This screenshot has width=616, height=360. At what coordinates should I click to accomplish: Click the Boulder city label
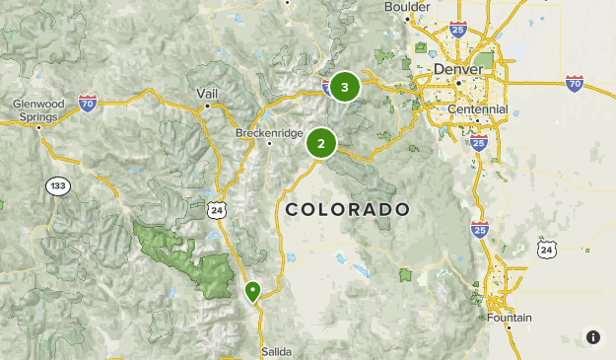(x=407, y=7)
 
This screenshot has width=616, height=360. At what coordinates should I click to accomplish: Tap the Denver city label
(x=458, y=69)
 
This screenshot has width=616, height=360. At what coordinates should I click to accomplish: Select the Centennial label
(x=477, y=108)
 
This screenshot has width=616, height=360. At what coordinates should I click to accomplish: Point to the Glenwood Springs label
(x=38, y=109)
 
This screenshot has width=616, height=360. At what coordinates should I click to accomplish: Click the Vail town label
(x=207, y=93)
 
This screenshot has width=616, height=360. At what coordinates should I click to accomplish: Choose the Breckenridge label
(x=269, y=132)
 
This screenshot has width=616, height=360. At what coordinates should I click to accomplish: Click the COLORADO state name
(x=347, y=209)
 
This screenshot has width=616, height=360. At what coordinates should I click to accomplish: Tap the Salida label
(x=276, y=351)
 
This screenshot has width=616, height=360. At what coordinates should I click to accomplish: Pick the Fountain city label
(x=509, y=318)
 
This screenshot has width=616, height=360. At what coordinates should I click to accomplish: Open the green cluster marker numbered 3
(x=344, y=87)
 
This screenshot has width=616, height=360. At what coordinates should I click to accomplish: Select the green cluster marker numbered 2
(x=320, y=143)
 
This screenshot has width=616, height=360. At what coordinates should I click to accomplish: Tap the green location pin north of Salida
(x=252, y=291)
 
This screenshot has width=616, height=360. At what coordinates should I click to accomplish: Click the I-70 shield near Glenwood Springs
(x=88, y=103)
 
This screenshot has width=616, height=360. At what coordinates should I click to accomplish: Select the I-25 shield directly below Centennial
(x=478, y=143)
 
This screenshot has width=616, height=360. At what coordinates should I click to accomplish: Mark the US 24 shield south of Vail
(x=217, y=209)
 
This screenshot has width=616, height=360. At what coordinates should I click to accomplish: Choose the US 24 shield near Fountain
(x=547, y=251)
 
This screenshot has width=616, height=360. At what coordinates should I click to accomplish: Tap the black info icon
(x=593, y=337)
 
